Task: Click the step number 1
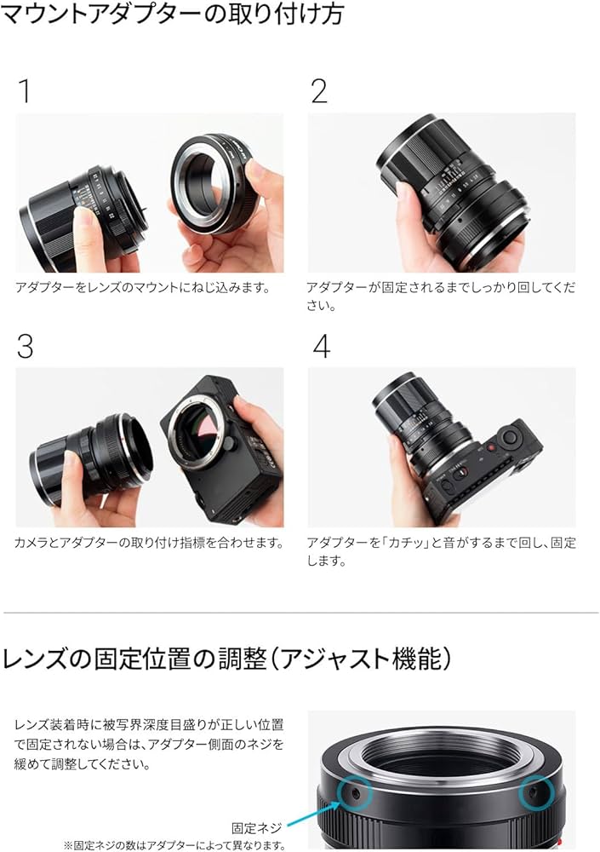(24, 91)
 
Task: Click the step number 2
(319, 91)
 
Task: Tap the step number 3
(25, 346)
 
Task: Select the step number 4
(321, 346)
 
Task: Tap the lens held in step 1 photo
(81, 213)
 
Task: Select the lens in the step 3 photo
(94, 456)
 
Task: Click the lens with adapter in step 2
(455, 192)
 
